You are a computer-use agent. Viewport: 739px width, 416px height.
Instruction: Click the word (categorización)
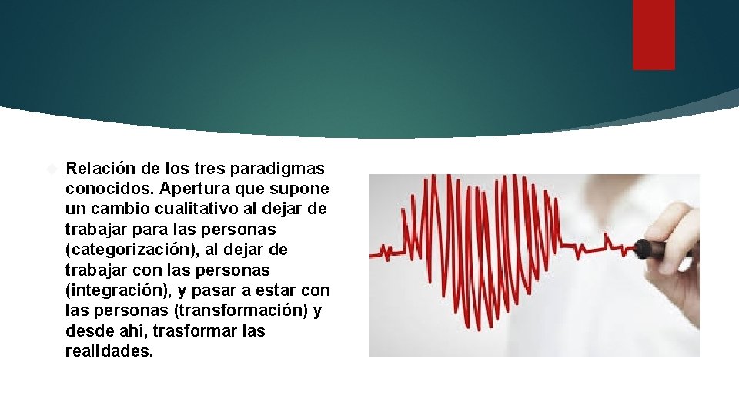click(x=129, y=250)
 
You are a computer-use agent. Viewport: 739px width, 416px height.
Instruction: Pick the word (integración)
click(x=117, y=290)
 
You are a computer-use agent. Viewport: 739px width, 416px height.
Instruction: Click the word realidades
click(x=110, y=352)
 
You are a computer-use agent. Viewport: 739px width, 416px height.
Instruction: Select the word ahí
click(x=128, y=331)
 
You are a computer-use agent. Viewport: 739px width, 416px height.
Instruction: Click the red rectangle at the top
click(x=654, y=35)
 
